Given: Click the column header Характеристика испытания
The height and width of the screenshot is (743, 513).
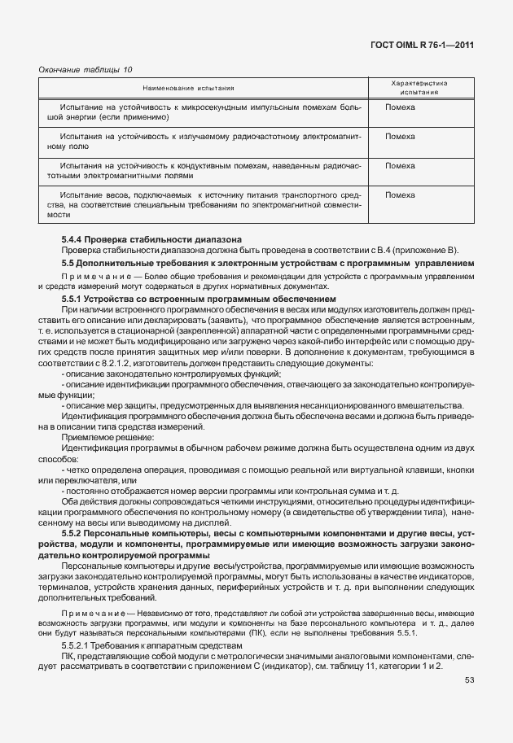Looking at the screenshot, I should point(420,88).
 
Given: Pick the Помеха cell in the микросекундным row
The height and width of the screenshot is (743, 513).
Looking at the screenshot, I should point(399,107).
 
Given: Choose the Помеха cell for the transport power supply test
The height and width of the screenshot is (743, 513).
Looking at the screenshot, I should point(399,195).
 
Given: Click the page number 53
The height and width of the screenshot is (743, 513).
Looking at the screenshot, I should point(471,681).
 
